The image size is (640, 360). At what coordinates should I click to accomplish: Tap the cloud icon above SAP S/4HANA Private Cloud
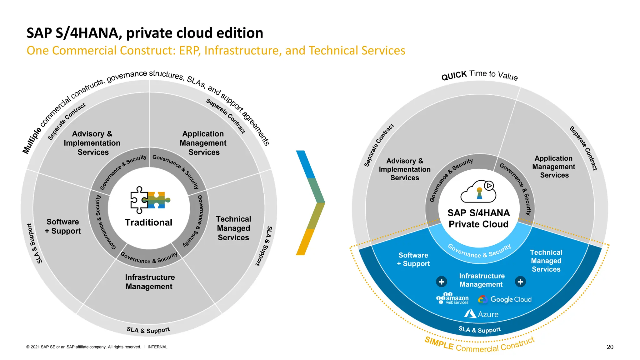(x=478, y=192)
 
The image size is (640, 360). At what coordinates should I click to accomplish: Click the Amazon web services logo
(x=453, y=298)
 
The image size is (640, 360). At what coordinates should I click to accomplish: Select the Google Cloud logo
(x=505, y=299)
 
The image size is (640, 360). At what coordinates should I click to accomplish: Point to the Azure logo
(x=481, y=314)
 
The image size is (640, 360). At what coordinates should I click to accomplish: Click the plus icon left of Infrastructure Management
(x=441, y=282)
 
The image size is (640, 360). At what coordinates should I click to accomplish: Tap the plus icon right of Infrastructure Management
(x=520, y=282)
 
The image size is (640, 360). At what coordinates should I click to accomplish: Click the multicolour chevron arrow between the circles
(x=310, y=203)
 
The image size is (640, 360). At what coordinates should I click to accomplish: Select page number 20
(x=610, y=347)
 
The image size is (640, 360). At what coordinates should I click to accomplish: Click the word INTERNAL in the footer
(x=157, y=347)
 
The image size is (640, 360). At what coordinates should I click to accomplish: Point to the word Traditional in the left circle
(x=148, y=222)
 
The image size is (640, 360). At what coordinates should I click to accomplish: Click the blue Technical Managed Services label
(x=546, y=261)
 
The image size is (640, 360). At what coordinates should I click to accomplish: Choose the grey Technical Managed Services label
(x=233, y=228)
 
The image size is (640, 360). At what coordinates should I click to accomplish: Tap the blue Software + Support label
(x=413, y=259)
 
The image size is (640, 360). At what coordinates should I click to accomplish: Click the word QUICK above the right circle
(x=454, y=76)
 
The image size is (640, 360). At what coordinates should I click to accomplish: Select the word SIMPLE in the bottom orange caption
(x=439, y=343)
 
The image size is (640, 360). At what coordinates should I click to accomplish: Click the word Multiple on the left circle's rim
(x=32, y=141)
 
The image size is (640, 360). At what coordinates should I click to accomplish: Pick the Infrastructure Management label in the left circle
(x=149, y=282)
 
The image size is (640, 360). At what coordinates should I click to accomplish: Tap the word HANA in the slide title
(x=97, y=33)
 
